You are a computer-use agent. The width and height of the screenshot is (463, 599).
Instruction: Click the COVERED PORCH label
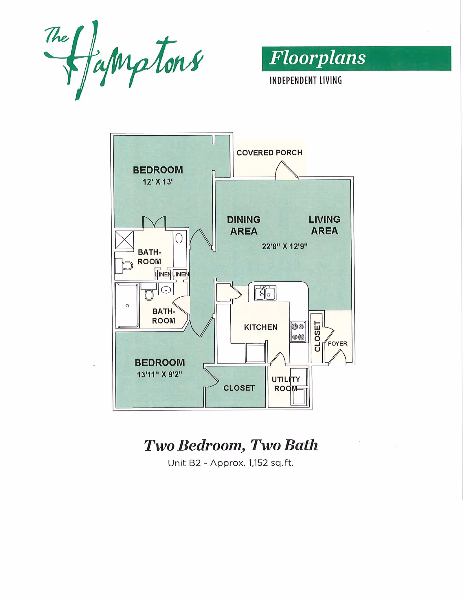269,153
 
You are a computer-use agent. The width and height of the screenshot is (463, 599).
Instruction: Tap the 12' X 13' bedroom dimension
157,182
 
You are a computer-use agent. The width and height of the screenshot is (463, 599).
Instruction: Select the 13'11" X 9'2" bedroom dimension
159,375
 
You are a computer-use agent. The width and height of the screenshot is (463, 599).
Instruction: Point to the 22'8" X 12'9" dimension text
284,246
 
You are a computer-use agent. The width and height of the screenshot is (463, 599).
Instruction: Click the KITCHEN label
260,327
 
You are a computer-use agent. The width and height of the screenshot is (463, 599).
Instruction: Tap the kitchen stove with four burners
298,331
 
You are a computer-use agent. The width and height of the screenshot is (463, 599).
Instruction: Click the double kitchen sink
265,293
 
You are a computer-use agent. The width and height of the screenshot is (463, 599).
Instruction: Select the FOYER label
337,344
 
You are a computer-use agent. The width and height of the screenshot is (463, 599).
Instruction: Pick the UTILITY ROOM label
286,384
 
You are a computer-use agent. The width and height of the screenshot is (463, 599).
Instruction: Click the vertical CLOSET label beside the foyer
317,336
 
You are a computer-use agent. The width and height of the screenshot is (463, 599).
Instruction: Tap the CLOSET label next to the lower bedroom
239,388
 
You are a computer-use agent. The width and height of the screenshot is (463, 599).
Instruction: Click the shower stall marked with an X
124,240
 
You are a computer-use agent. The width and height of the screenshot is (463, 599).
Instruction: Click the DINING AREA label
244,225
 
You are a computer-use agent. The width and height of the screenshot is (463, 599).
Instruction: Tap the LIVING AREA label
324,225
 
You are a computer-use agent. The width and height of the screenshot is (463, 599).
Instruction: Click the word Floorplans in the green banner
317,58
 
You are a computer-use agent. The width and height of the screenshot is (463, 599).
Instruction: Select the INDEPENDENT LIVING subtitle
306,80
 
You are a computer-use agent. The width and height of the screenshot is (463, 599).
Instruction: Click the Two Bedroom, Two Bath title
231,445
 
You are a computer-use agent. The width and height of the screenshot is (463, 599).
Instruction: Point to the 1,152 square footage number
258,463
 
